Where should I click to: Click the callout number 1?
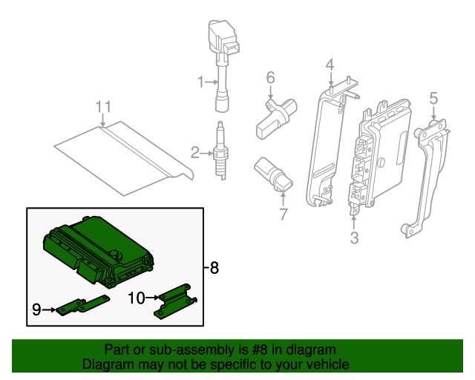click(200, 82)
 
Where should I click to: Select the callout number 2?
click(195, 154)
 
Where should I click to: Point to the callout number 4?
click(330, 66)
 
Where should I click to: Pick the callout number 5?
click(433, 97)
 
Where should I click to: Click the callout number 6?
click(270, 77)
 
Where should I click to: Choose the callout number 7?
click(283, 215)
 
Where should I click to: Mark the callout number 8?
click(214, 268)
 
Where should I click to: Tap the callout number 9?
click(36, 310)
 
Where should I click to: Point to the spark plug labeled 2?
click(220, 152)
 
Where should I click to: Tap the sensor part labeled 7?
click(273, 174)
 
